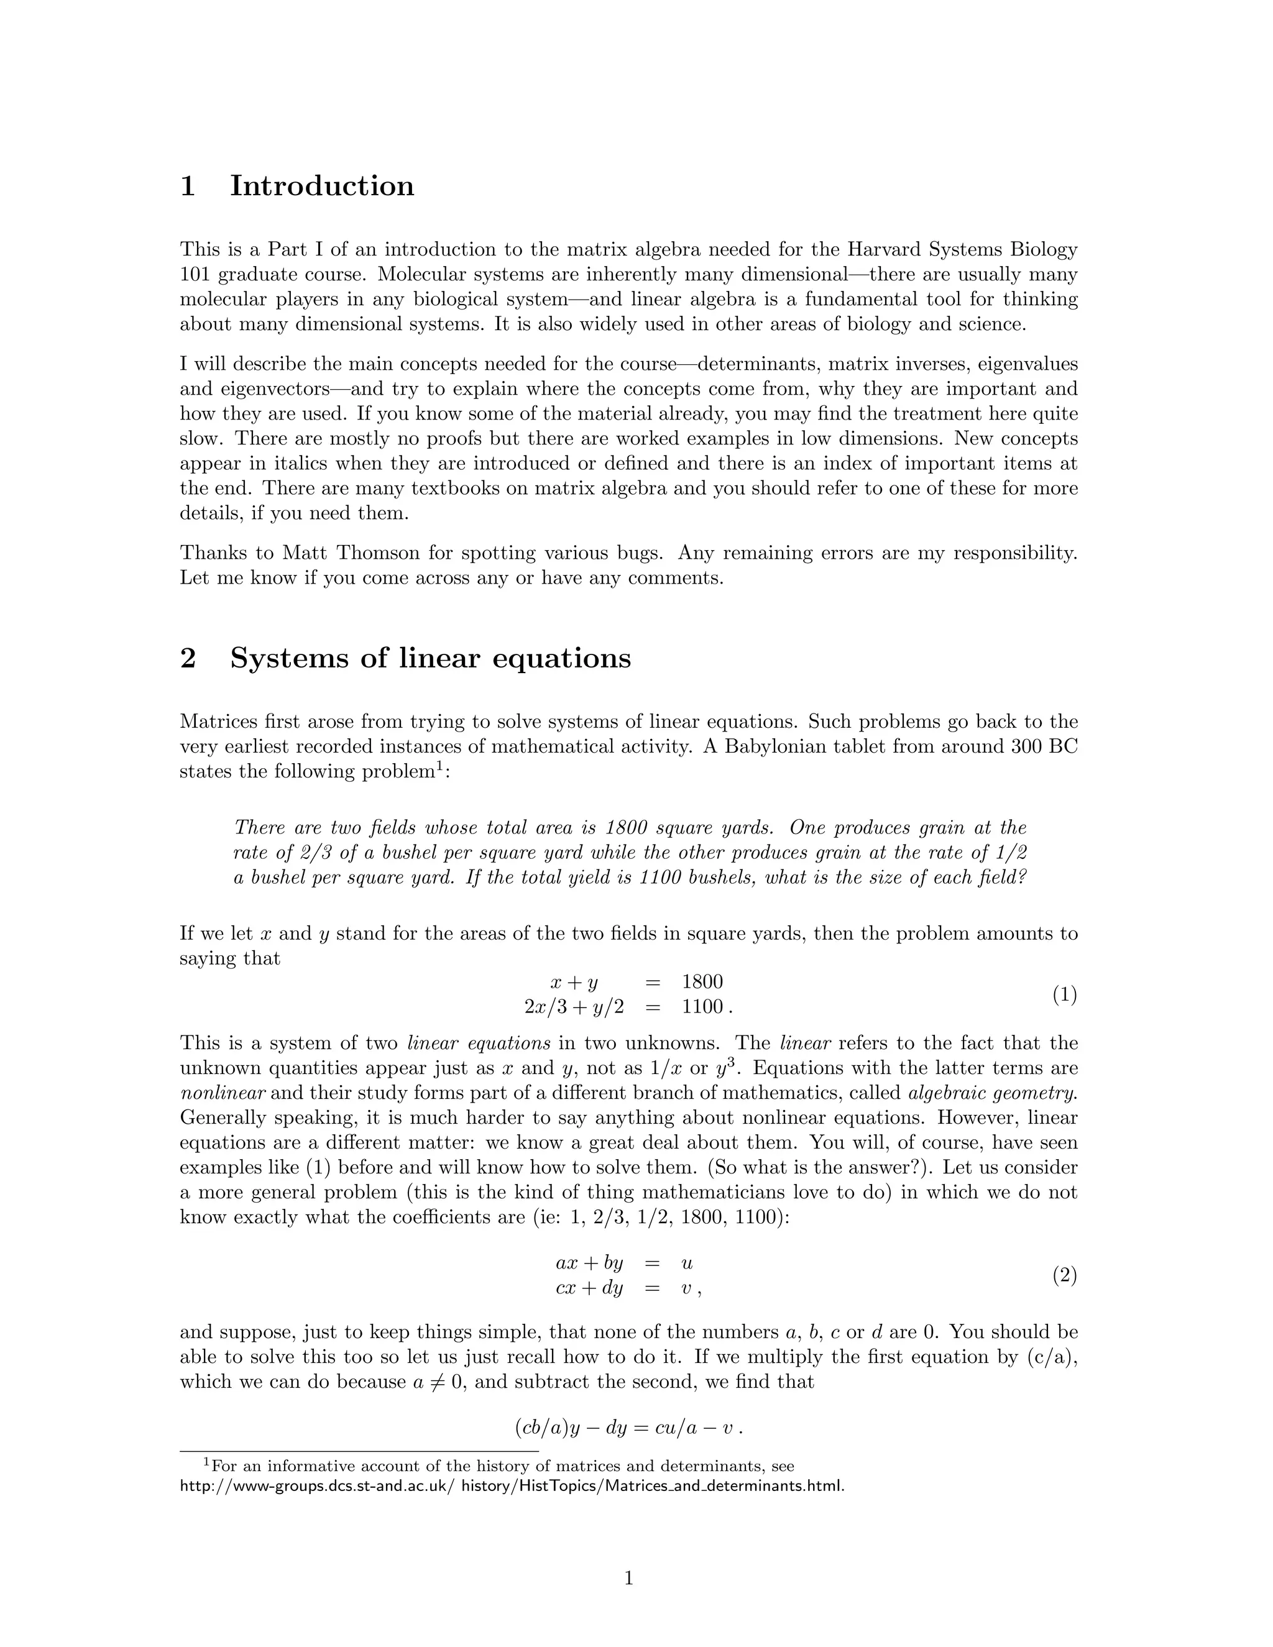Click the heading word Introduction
(x=321, y=186)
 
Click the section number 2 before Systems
(x=188, y=658)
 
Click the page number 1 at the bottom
(x=629, y=1577)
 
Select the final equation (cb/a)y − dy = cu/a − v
(x=628, y=1428)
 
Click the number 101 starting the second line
(x=195, y=275)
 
